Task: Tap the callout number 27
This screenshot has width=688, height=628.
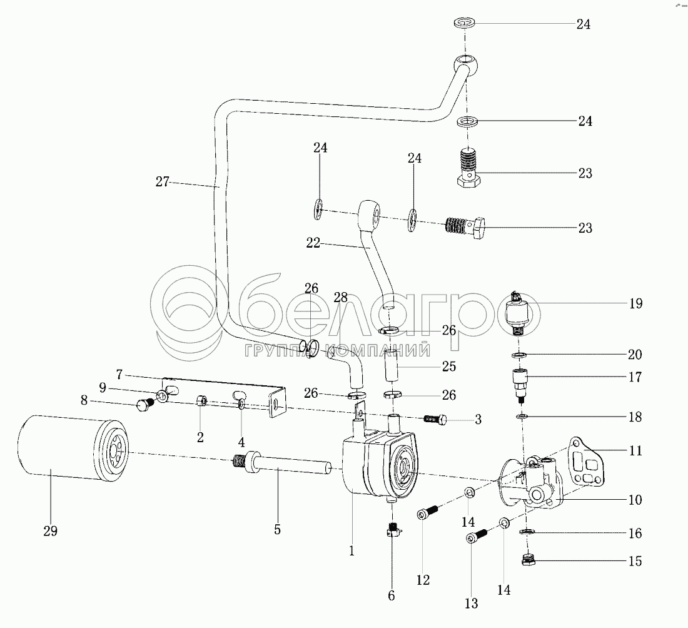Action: click(163, 183)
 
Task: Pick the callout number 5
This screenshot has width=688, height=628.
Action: click(277, 530)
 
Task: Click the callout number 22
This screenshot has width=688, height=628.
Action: click(313, 243)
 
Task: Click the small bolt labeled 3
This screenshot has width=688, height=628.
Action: click(435, 418)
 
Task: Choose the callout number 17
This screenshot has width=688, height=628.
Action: click(634, 377)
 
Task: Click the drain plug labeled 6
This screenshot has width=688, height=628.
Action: click(392, 532)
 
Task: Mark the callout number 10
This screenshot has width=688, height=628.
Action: click(634, 500)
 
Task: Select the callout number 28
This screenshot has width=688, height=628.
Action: click(340, 298)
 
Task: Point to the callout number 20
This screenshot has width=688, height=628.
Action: click(634, 355)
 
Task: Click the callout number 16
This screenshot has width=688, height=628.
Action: click(634, 534)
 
